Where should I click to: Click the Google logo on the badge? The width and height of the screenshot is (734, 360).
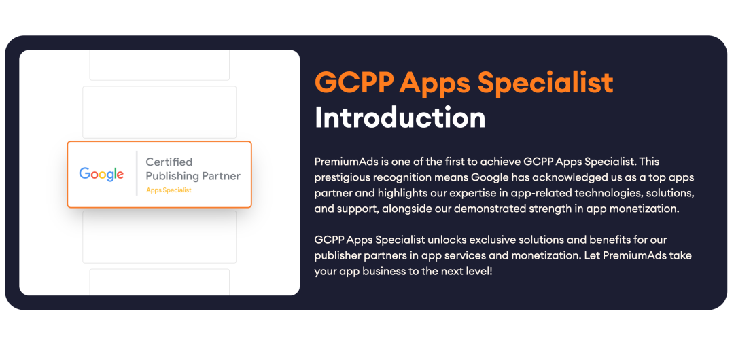coord(101,174)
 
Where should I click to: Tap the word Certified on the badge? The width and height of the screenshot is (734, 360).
coord(169,162)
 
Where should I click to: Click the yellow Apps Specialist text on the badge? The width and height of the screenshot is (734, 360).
coord(169,190)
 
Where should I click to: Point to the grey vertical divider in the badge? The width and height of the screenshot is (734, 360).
coord(136,173)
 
